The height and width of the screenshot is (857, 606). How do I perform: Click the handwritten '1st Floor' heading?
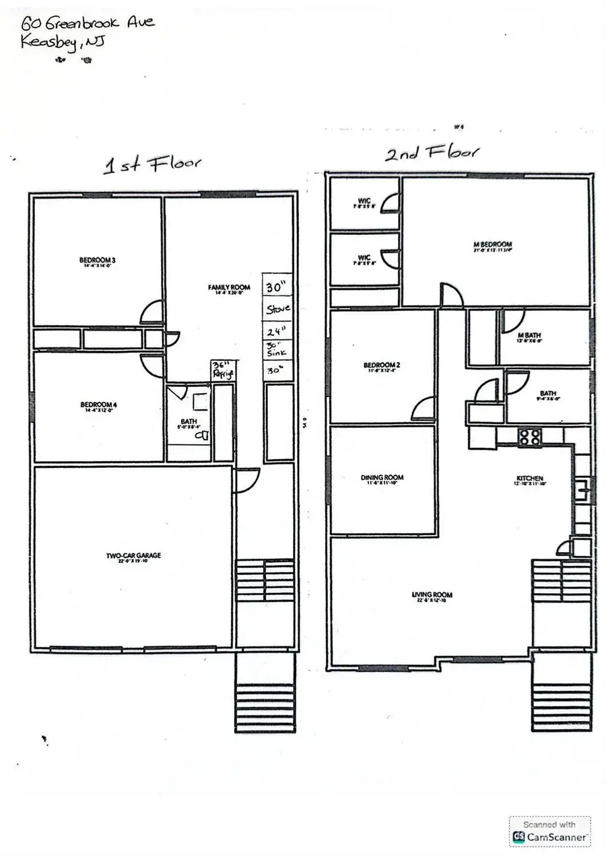[151, 164]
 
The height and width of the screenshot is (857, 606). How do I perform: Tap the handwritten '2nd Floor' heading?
[431, 153]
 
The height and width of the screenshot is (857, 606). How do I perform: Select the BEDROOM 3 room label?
[97, 261]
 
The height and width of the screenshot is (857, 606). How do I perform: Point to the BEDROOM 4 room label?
[98, 405]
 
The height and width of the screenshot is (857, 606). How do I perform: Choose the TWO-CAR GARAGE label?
[133, 556]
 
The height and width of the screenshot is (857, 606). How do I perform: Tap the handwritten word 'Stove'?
[278, 309]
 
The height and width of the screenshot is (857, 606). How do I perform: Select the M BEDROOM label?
[494, 245]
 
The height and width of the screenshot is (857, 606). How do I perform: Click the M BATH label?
[529, 335]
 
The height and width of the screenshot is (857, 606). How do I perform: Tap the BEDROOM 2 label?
[380, 367]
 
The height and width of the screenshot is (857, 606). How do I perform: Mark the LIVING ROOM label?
[432, 595]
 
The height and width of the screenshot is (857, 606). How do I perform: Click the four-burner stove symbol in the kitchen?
[530, 436]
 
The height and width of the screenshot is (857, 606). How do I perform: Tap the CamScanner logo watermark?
[549, 831]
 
